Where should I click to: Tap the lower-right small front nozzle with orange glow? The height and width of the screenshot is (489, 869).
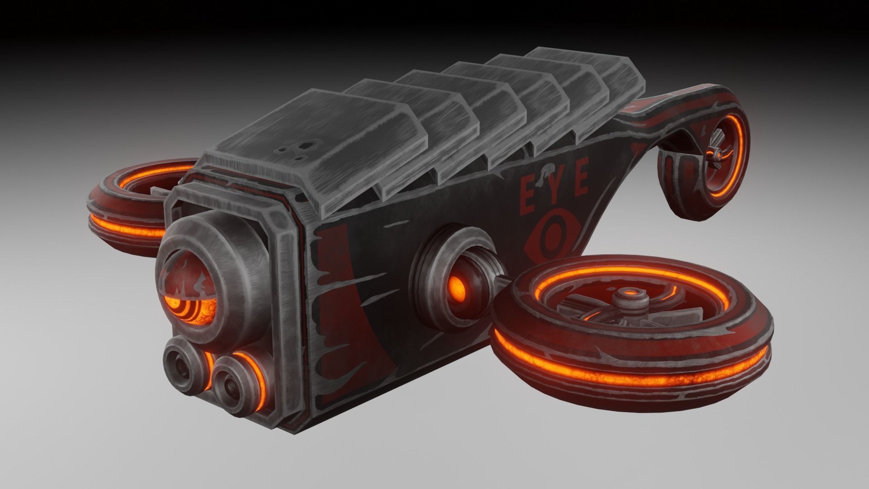click(x=233, y=378)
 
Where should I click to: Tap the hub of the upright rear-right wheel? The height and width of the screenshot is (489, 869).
click(x=717, y=156)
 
